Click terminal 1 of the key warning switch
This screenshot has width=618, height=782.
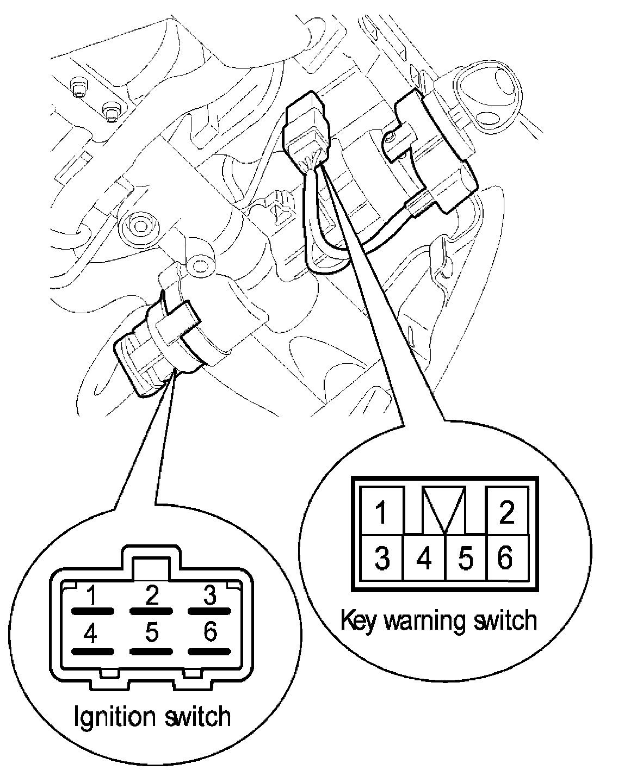click(x=381, y=512)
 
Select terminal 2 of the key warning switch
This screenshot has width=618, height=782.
click(x=506, y=512)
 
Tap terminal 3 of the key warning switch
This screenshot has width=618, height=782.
click(x=382, y=558)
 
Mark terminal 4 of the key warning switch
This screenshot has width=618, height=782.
click(x=424, y=558)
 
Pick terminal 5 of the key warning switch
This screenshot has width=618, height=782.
click(x=466, y=558)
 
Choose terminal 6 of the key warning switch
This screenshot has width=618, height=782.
click(x=506, y=558)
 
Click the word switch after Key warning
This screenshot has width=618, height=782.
click(x=503, y=620)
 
